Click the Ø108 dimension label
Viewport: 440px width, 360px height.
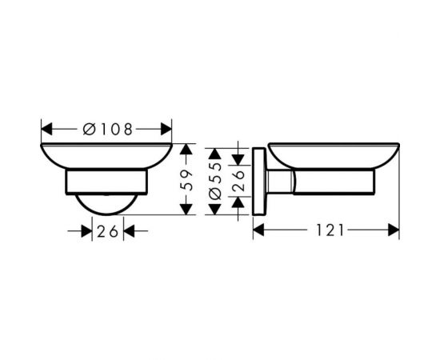106,128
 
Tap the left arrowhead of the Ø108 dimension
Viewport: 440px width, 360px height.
46,128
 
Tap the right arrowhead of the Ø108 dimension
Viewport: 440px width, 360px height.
166,128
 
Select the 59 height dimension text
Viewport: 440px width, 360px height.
186,180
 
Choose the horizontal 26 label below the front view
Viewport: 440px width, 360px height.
106,231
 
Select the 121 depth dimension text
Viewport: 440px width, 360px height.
328,230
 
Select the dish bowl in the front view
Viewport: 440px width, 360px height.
106,157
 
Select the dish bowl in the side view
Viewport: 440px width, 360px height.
333,155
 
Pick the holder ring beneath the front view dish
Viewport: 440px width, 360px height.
106,182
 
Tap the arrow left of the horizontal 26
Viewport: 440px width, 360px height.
86,231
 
